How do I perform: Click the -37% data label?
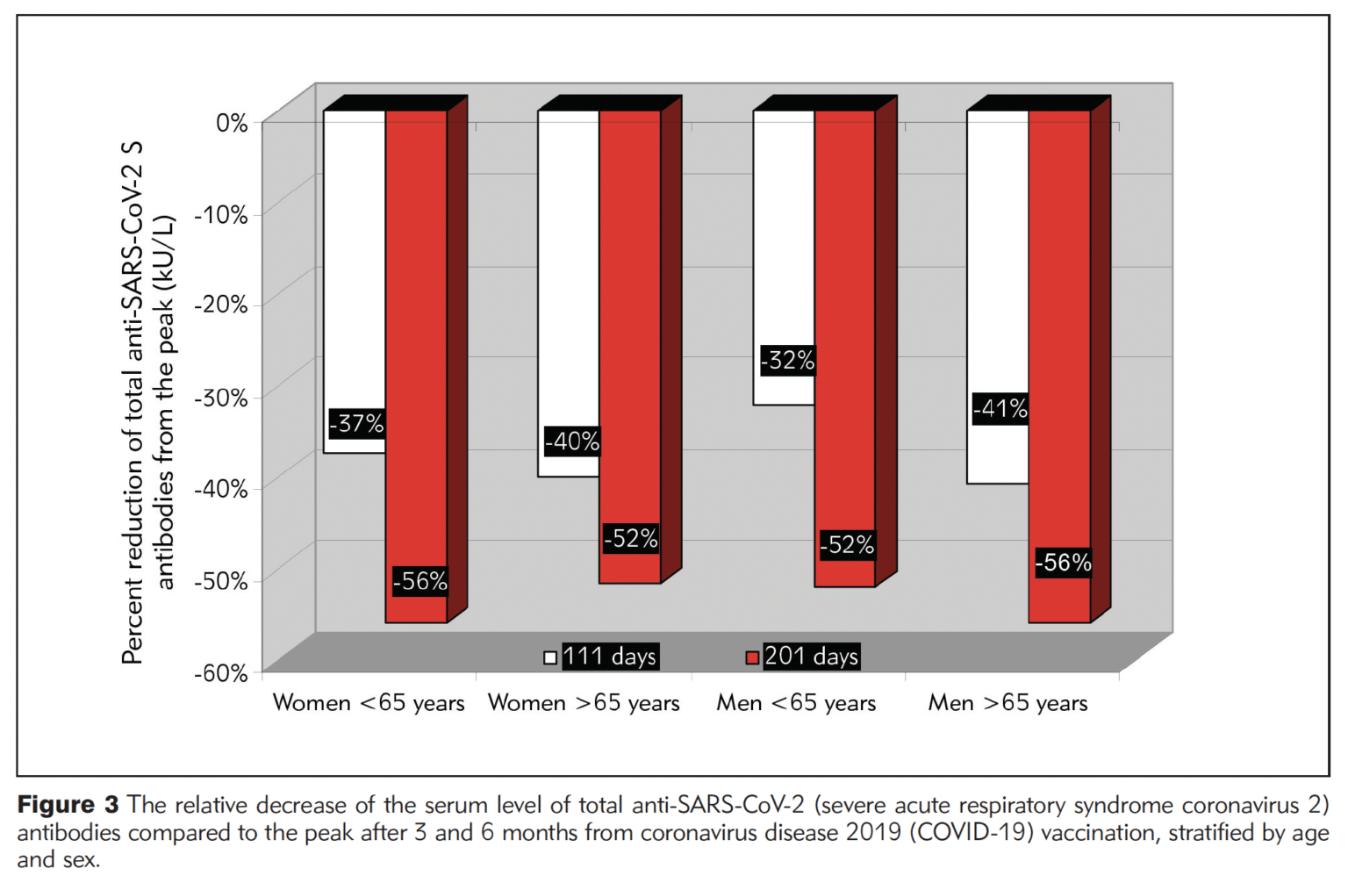tap(356, 423)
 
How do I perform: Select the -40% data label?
tap(571, 441)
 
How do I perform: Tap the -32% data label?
tap(787, 360)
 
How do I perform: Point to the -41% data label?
tap(1000, 408)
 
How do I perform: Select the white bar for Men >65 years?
tap(998, 263)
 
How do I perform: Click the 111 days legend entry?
tap(600, 657)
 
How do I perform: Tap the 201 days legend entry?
tap(801, 657)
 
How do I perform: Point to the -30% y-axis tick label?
tap(220, 398)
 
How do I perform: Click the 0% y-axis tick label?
tap(232, 123)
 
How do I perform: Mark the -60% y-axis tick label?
tap(220, 673)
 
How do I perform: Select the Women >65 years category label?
tap(584, 703)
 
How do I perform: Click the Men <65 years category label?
tap(796, 703)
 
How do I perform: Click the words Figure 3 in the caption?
tap(68, 805)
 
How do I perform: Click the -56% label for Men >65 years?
tap(1063, 562)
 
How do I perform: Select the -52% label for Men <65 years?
tap(847, 544)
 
